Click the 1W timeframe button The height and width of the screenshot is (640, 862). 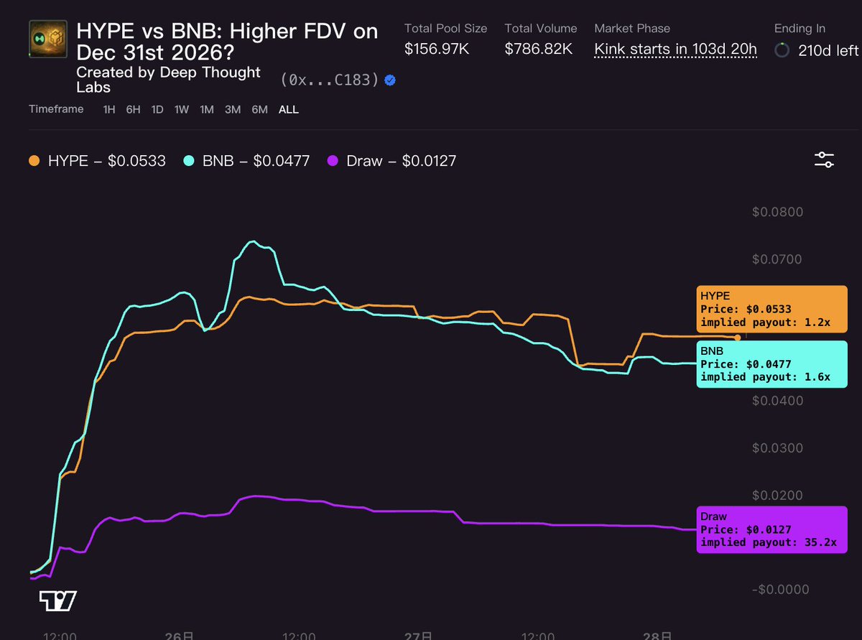point(182,110)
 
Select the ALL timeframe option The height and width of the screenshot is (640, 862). point(288,110)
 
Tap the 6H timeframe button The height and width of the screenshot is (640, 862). point(133,110)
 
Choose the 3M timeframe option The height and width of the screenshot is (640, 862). point(233,110)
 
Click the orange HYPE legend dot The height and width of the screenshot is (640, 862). point(34,161)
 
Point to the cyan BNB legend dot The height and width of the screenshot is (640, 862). point(188,161)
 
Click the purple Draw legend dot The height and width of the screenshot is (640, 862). point(333,161)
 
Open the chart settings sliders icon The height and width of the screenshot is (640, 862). point(824,159)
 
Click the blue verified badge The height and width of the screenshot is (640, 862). point(390,80)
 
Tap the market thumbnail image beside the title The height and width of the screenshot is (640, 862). point(48,39)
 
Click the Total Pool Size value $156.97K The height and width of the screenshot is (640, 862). point(437,49)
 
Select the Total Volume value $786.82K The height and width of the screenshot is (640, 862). point(538,49)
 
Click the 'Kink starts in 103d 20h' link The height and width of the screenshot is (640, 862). point(675,50)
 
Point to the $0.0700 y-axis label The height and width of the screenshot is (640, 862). point(777,259)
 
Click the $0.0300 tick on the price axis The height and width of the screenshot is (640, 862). point(777,448)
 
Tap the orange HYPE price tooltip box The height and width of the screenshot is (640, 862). point(771,309)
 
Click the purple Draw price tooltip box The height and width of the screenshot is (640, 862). point(771,529)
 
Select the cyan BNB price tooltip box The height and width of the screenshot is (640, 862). point(771,364)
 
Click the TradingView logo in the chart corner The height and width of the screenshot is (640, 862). point(58,600)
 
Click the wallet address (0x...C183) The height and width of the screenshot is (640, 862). point(330,80)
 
